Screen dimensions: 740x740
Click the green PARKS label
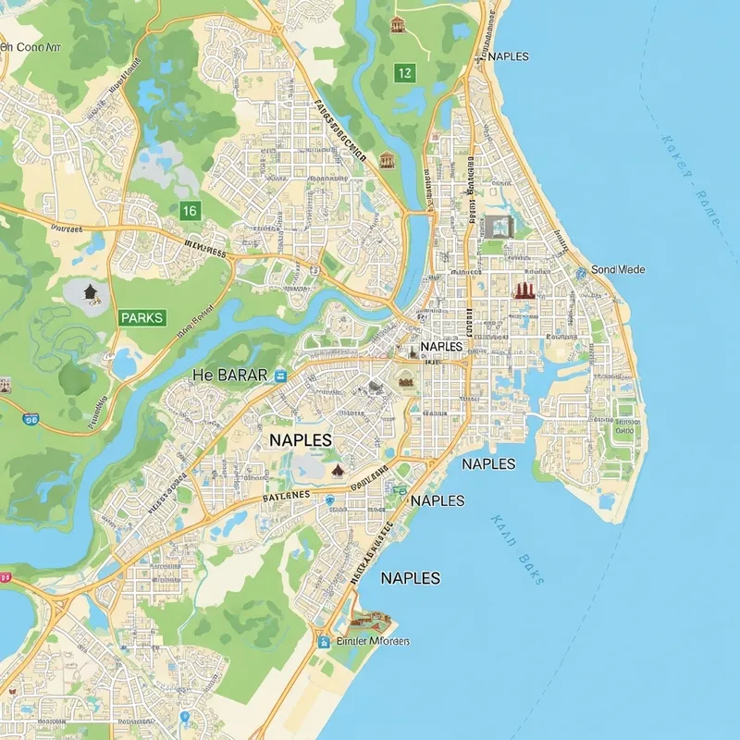(142, 317)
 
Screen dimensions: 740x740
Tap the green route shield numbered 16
(189, 211)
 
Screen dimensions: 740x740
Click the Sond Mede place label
(617, 269)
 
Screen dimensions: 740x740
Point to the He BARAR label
(229, 375)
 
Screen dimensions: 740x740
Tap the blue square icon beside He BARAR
(280, 375)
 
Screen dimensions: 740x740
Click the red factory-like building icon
(524, 290)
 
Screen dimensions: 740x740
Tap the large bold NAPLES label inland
(300, 440)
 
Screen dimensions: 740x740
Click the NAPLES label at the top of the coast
(507, 56)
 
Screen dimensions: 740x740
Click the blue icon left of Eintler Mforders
(324, 641)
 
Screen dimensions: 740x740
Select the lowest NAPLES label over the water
(410, 577)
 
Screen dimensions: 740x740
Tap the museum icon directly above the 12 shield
(398, 24)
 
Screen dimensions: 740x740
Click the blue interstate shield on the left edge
(32, 419)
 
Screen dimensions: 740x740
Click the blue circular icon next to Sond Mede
(580, 272)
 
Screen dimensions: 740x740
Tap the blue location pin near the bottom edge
(185, 718)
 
